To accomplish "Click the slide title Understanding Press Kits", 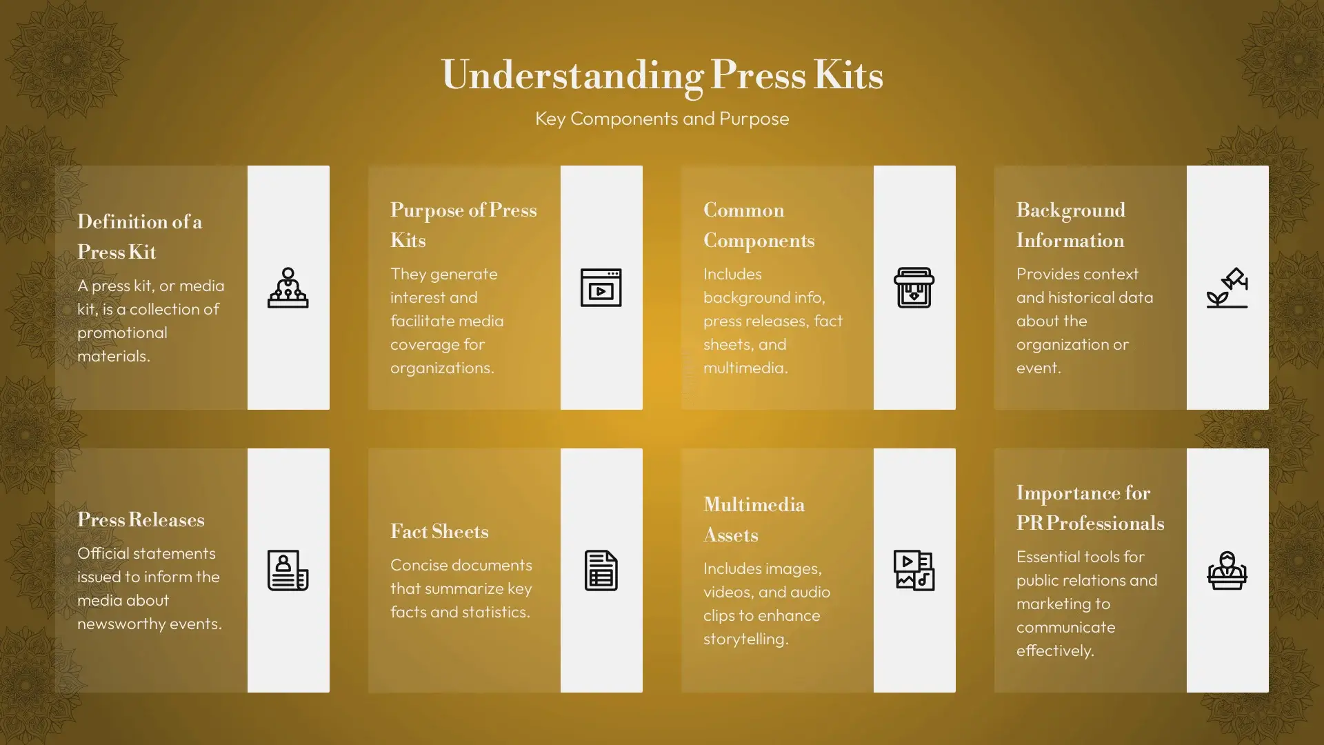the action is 662,75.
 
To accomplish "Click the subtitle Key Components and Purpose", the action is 662,119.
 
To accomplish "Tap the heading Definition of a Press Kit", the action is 139,237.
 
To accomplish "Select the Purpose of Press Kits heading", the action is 463,225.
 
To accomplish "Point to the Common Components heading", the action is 759,225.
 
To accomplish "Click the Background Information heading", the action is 1071,225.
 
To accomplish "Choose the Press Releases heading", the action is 141,519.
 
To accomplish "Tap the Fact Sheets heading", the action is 439,531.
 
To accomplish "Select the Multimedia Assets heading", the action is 754,519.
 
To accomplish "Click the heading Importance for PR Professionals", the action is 1090,508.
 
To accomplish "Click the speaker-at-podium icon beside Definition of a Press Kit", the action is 288,288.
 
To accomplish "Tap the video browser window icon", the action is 601,288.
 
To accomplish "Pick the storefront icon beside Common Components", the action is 914,288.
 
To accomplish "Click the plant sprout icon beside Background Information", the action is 1227,288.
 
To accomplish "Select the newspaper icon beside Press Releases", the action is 288,570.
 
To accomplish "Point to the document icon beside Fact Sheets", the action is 601,570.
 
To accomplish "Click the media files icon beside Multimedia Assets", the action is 914,570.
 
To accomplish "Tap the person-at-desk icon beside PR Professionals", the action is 1227,570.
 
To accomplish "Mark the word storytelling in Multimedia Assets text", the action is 745,639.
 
